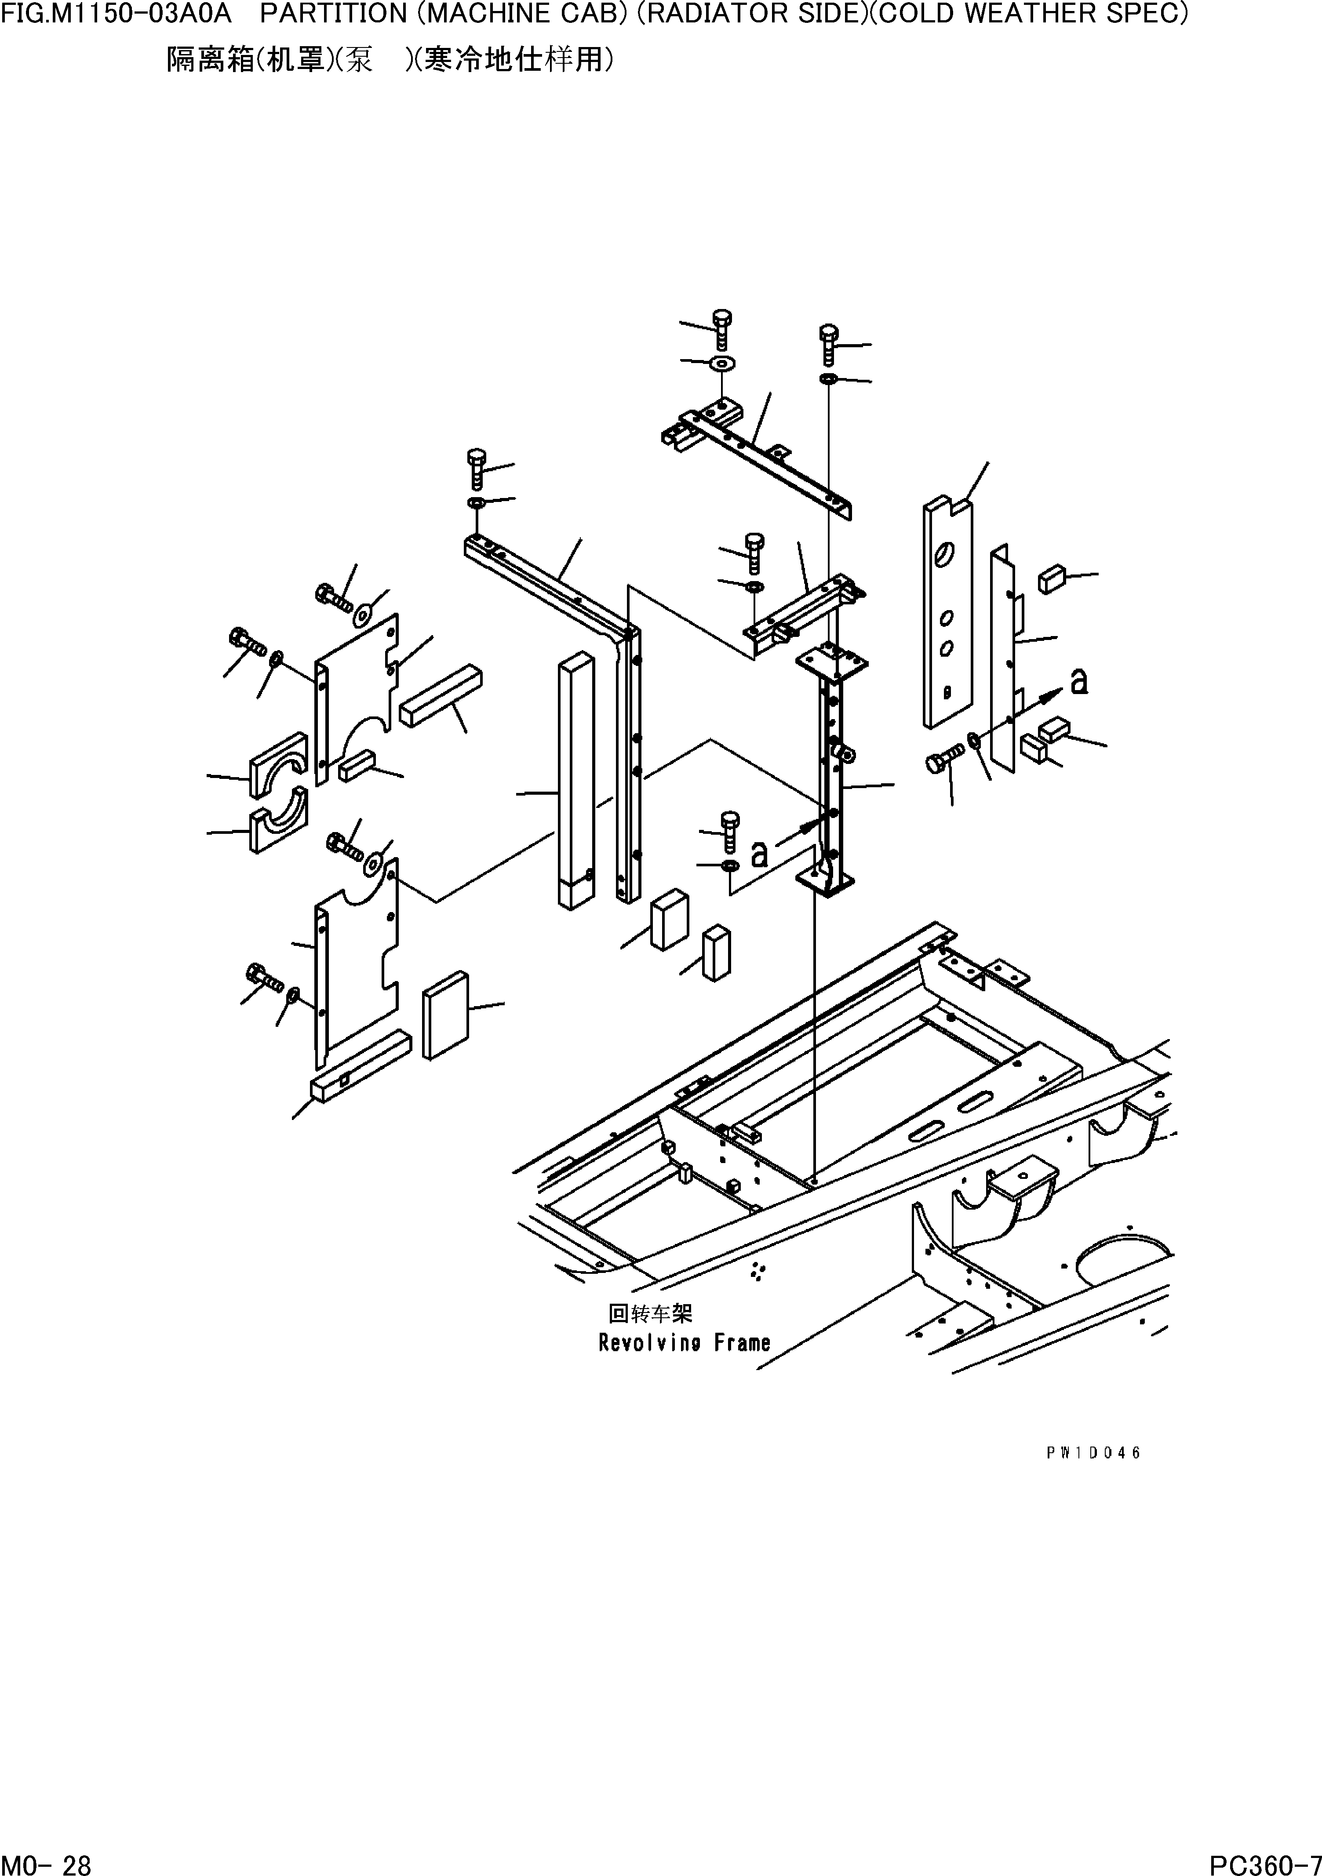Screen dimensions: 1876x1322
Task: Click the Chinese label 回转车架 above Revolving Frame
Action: tap(650, 1313)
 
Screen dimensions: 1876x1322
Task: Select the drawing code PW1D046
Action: tap(1093, 1453)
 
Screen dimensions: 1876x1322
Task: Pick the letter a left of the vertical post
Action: tap(759, 853)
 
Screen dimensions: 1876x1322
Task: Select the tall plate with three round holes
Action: tap(948, 613)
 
